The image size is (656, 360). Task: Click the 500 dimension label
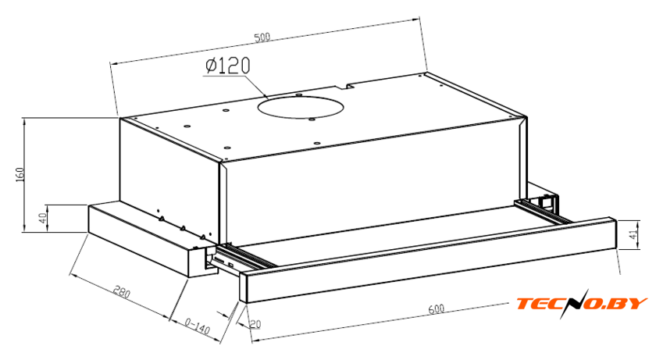pos(262,37)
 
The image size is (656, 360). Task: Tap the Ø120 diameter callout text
pos(228,66)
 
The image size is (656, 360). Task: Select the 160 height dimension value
pos(20,174)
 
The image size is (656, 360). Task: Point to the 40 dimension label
pos(42,218)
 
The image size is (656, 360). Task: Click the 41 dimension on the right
pos(635,234)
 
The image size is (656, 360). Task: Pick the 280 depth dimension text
pos(122,292)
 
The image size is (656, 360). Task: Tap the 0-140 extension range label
pos(197,326)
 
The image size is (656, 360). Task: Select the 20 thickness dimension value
pos(255,323)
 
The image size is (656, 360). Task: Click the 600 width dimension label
pos(436,309)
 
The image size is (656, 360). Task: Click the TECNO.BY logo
pos(582,303)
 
